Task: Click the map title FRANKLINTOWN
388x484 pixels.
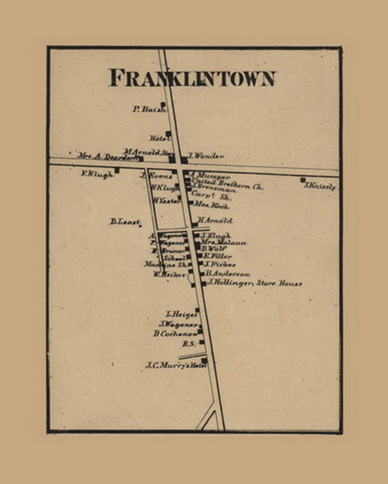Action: [x=192, y=78]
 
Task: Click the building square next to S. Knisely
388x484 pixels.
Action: [x=303, y=180]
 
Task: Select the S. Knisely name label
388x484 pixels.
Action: [x=320, y=187]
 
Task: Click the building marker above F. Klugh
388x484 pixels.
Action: [x=117, y=170]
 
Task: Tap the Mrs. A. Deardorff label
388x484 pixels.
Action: [x=107, y=156]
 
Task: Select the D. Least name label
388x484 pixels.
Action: [x=124, y=222]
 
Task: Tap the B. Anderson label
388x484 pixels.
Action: [x=228, y=274]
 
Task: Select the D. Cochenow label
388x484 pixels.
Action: [x=173, y=334]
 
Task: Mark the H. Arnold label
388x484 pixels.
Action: [x=216, y=221]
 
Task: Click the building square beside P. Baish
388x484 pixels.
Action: [x=163, y=105]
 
